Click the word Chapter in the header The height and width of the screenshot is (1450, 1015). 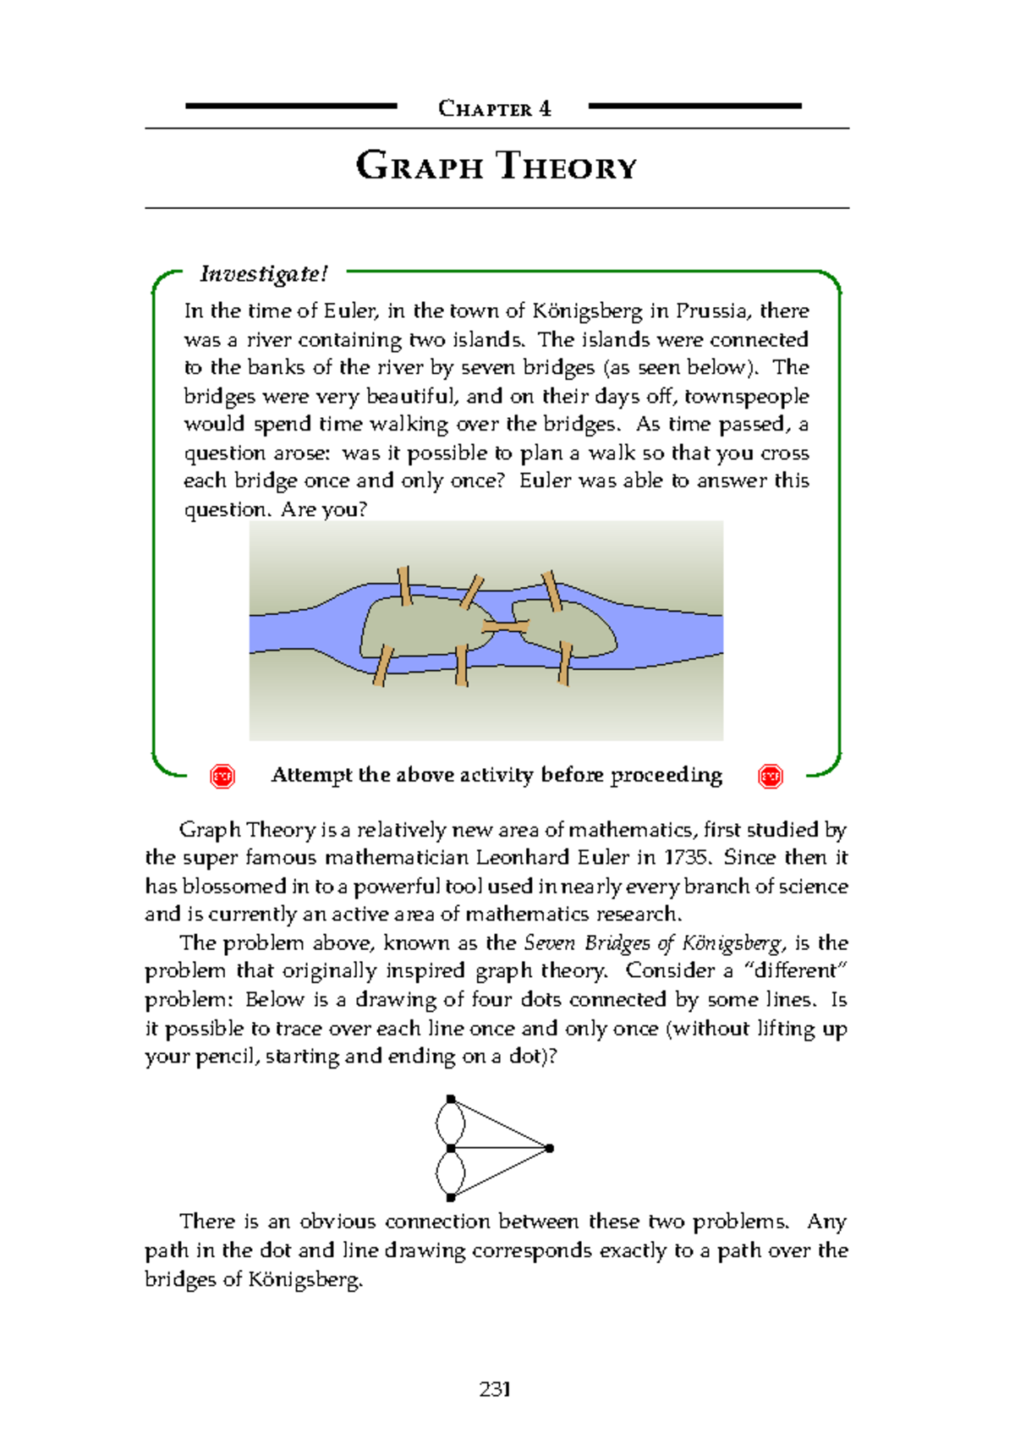(x=485, y=108)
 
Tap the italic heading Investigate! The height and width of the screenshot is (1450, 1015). (x=263, y=273)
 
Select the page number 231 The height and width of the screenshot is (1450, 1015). (x=495, y=1389)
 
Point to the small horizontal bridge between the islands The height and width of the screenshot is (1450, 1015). (x=505, y=626)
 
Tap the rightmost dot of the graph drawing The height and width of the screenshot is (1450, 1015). (x=550, y=1148)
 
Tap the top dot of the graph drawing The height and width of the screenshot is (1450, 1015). (x=451, y=1099)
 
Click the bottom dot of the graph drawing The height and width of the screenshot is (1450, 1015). (x=451, y=1197)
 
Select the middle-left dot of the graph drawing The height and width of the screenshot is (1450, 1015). (x=451, y=1148)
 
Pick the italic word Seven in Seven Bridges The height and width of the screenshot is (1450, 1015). (x=551, y=942)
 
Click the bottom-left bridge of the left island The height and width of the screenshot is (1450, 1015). (x=382, y=666)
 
